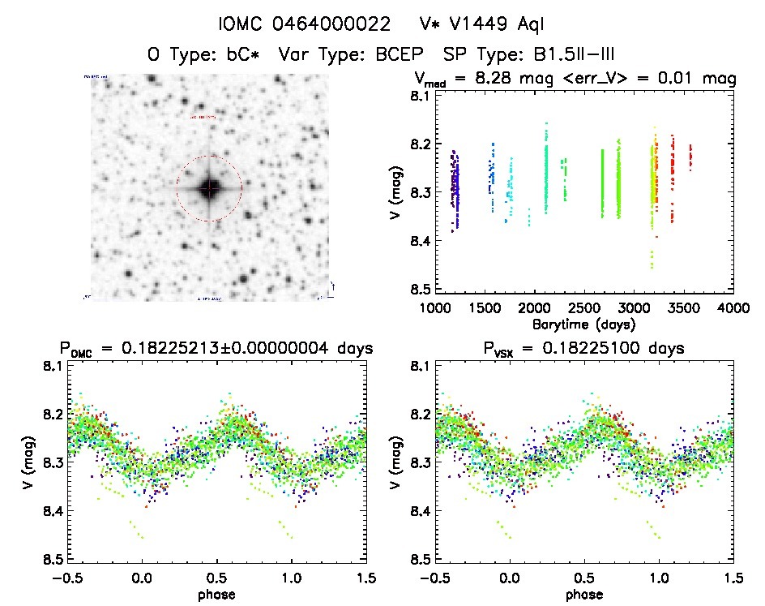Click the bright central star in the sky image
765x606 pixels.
tap(209, 188)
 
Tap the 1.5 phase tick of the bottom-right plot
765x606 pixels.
tap(733, 577)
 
